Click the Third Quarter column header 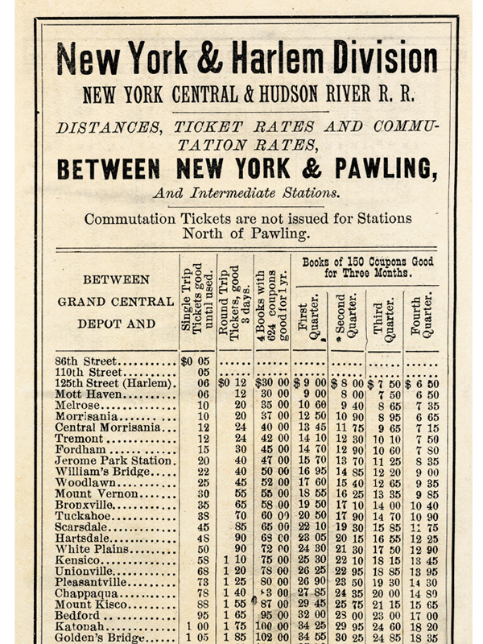385,317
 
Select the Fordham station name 80,449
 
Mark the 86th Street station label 86,361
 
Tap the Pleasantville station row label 93,580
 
